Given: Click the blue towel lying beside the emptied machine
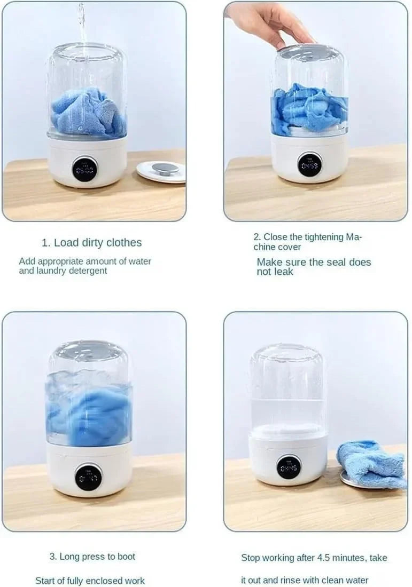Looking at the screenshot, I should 371,464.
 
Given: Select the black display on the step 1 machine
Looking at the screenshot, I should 84,169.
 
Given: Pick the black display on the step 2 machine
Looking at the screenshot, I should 309,164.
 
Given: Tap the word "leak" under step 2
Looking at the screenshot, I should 283,272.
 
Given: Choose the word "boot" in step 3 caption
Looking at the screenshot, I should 126,557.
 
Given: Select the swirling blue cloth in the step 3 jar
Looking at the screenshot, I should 89,411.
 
